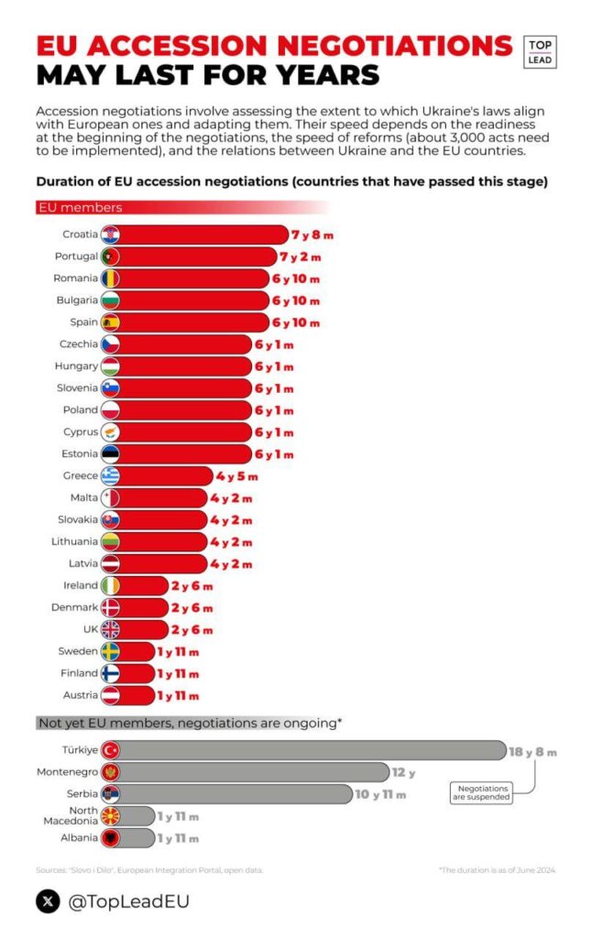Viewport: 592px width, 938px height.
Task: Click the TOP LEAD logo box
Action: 540,52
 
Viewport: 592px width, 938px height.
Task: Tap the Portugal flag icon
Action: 110,256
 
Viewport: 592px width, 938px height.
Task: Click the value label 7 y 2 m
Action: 301,257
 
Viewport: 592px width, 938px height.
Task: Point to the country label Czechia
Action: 79,344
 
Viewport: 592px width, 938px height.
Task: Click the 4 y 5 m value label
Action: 237,476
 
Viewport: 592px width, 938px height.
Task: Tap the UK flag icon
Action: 110,629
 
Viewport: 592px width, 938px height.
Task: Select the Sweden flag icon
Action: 110,651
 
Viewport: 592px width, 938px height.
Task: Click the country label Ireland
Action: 81,585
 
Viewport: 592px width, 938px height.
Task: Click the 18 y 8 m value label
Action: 532,752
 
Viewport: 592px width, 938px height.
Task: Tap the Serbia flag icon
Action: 110,794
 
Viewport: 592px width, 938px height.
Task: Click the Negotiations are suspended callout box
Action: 481,792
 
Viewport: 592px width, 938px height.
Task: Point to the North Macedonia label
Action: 71,815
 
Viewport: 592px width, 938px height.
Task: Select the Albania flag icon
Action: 110,838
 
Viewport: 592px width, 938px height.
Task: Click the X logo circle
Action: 49,901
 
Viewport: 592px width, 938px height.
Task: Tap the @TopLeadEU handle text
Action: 128,902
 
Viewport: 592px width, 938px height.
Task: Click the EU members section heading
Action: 81,208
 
